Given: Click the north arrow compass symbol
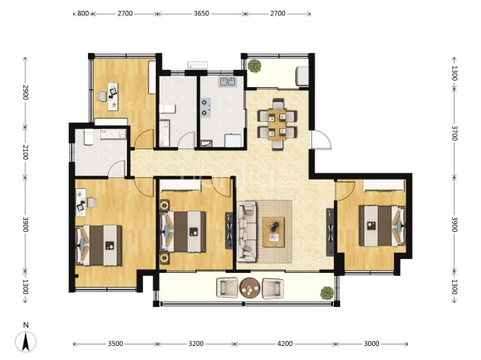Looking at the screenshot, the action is click(x=26, y=341).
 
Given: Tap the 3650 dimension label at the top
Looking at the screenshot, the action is click(x=202, y=13).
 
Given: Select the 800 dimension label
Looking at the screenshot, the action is click(x=83, y=13).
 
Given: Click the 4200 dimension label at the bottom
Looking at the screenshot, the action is click(x=285, y=344).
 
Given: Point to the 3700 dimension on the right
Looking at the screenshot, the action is click(x=455, y=133).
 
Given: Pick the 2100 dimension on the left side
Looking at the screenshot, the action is click(x=25, y=152).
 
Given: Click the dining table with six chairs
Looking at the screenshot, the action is click(x=277, y=124).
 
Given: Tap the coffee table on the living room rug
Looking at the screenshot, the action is click(x=274, y=232).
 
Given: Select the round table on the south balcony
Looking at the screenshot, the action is click(x=250, y=288).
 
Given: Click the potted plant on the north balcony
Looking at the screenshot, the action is click(x=255, y=66).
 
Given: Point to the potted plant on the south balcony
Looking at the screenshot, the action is click(x=327, y=293).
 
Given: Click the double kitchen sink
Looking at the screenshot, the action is click(x=227, y=82).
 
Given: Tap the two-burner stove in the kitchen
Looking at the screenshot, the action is click(x=205, y=107).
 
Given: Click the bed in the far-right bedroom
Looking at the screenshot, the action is click(x=382, y=225).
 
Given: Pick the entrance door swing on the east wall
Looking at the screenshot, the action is click(x=321, y=140).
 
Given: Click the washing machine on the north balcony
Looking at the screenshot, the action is click(x=302, y=75).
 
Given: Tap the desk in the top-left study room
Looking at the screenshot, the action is click(x=113, y=96).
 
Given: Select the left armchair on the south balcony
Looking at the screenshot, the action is click(x=227, y=288).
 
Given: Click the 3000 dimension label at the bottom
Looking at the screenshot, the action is click(x=371, y=344).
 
